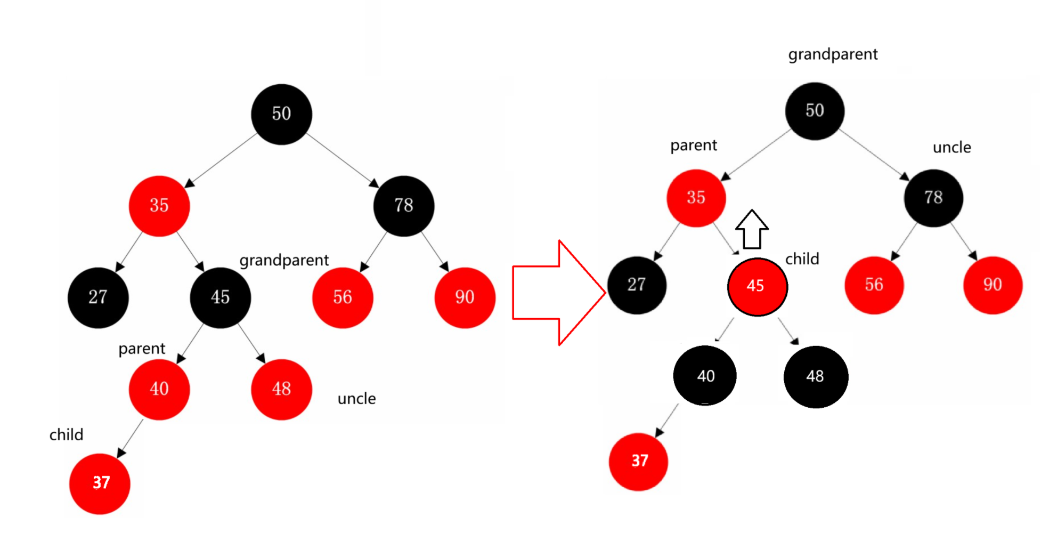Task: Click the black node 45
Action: [220, 297]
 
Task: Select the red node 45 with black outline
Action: [757, 287]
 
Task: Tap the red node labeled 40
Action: [159, 389]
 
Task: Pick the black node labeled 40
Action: [705, 376]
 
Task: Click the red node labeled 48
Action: [281, 389]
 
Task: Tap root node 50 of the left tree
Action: [281, 114]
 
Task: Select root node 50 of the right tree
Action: [815, 111]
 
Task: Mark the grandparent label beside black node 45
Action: [284, 261]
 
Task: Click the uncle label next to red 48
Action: [356, 399]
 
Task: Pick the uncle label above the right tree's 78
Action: [951, 148]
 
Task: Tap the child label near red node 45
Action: [802, 259]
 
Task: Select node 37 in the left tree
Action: [100, 483]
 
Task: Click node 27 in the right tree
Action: [637, 285]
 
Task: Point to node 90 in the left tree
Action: [465, 297]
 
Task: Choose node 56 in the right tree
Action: [874, 285]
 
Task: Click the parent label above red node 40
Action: [142, 349]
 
